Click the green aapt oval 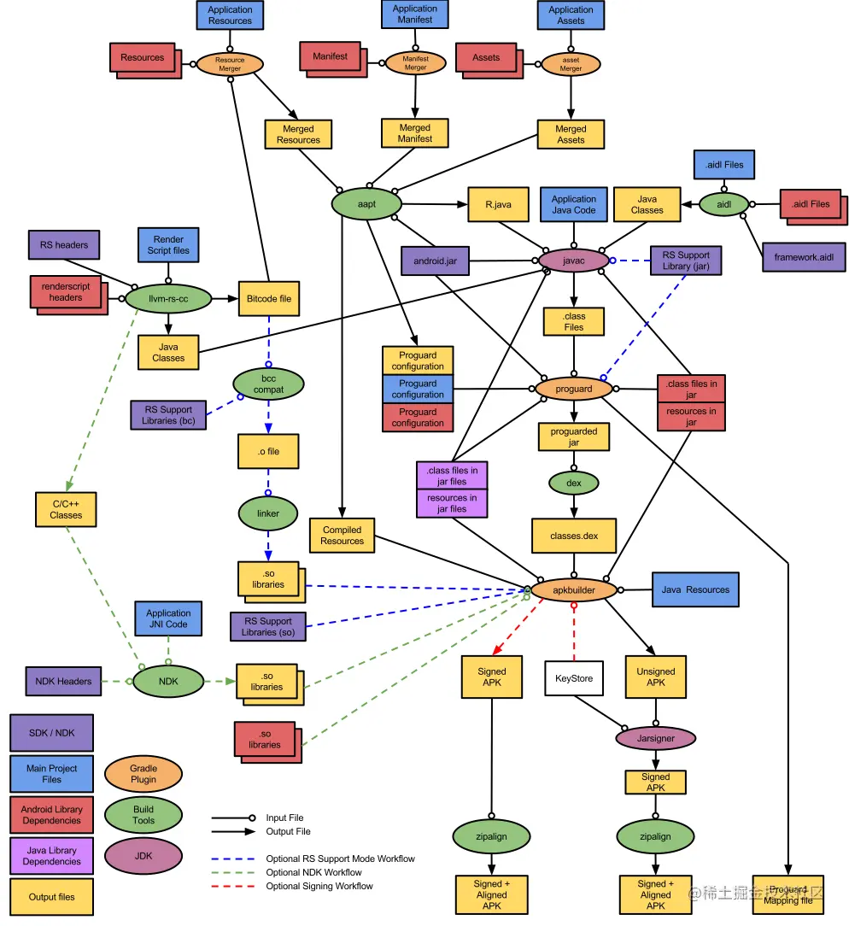366,204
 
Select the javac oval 573,261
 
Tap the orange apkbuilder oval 573,589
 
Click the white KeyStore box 574,678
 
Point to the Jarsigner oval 656,737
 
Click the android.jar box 436,261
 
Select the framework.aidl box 804,257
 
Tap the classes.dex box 573,536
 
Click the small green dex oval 573,483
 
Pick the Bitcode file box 268,299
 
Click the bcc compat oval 268,384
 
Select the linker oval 268,513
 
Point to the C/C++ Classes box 66,509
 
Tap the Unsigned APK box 655,677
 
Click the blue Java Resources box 695,589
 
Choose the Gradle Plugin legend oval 143,774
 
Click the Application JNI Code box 168,618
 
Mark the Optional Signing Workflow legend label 319,886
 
